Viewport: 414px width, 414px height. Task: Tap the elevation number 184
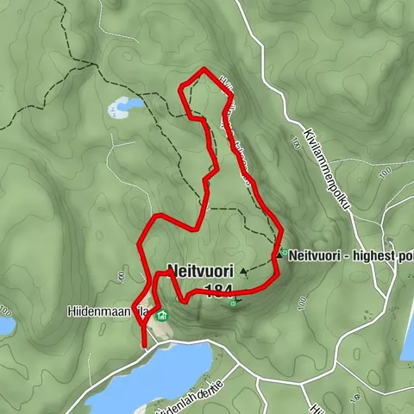click(218, 291)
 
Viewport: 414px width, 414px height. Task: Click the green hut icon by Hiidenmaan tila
click(161, 315)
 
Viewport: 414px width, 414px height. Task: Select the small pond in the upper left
click(126, 107)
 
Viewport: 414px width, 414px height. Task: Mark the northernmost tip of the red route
click(203, 68)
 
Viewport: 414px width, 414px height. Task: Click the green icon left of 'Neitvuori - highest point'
click(282, 254)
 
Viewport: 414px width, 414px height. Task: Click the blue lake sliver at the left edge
click(5, 325)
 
